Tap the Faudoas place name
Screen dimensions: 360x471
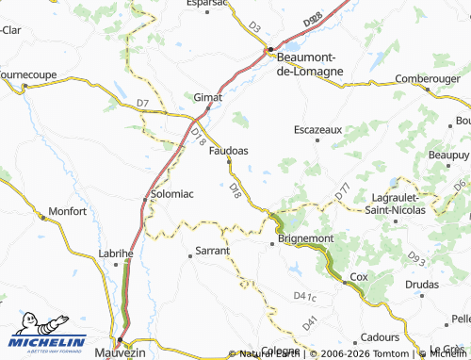[228, 150]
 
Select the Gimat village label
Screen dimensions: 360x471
[207, 97]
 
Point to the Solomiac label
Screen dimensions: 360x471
[172, 194]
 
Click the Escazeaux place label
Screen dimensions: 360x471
[317, 129]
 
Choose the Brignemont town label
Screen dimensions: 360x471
[306, 239]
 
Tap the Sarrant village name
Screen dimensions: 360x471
[212, 252]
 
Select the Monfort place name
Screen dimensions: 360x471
[67, 212]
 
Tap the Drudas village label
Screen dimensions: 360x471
[421, 283]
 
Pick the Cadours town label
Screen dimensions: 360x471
[380, 336]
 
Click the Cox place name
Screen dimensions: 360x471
[358, 276]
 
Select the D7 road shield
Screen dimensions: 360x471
[142, 102]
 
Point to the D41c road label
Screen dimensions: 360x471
[304, 297]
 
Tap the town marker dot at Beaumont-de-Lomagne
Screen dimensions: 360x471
[270, 49]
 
